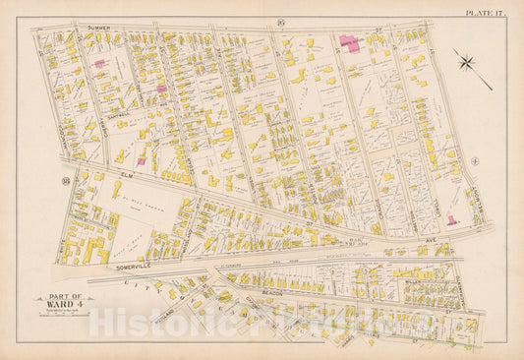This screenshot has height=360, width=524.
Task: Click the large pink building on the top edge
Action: click(349, 43)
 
